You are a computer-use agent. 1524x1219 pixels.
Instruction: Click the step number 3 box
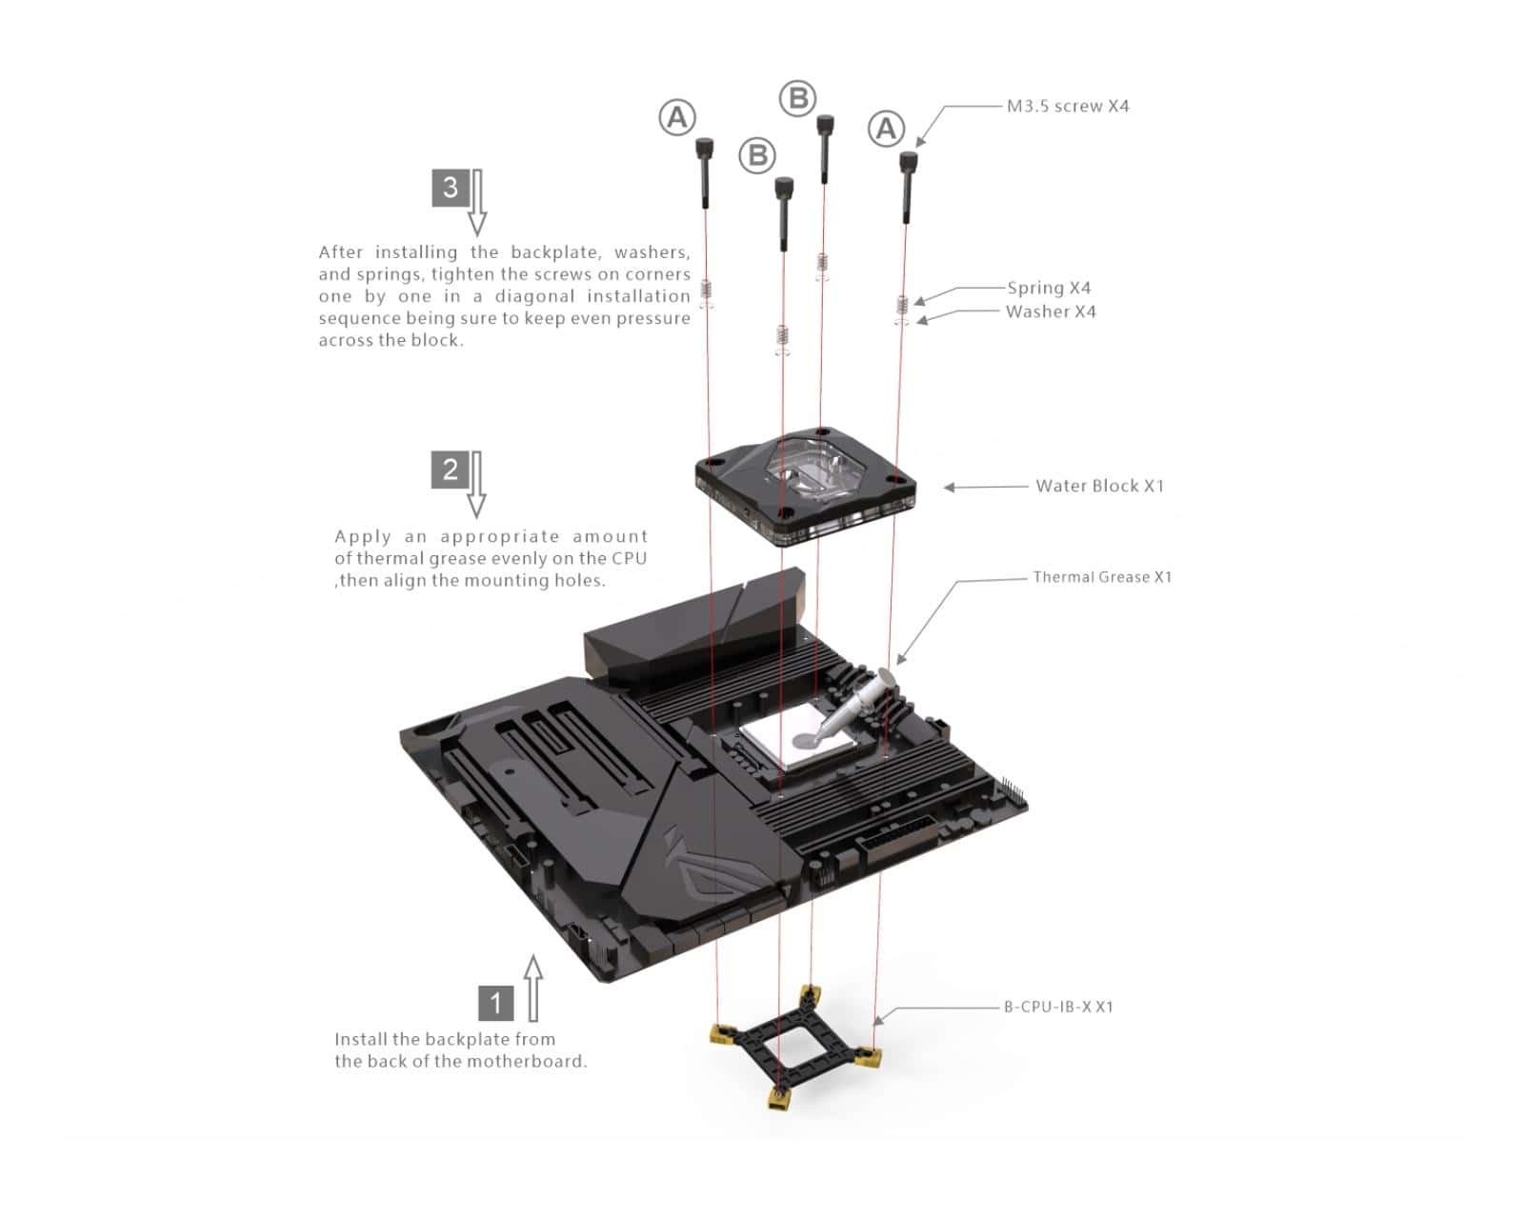click(x=451, y=188)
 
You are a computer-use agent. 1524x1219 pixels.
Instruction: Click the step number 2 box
click(x=450, y=470)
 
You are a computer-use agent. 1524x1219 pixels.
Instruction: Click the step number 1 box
click(x=495, y=1002)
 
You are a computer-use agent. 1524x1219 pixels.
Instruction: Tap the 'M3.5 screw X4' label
click(x=1068, y=107)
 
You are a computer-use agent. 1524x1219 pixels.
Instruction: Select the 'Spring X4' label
click(x=1049, y=289)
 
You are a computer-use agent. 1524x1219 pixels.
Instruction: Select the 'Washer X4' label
click(x=1051, y=311)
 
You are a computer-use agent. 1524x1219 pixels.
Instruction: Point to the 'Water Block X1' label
click(x=1100, y=486)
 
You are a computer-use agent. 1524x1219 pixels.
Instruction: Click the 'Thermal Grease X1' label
click(x=1102, y=577)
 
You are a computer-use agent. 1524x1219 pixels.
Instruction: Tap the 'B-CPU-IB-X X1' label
click(x=1059, y=1007)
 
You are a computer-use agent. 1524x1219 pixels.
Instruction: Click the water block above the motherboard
click(x=805, y=488)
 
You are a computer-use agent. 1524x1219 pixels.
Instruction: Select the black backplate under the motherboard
click(x=795, y=1048)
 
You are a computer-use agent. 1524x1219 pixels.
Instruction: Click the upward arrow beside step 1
click(x=534, y=989)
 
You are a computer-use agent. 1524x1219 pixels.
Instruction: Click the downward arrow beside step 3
click(x=477, y=203)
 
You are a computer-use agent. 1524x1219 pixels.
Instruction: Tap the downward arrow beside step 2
click(x=476, y=485)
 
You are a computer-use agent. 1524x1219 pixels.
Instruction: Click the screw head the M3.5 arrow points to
click(x=909, y=162)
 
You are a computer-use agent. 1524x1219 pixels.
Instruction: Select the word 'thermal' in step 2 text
click(x=390, y=558)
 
